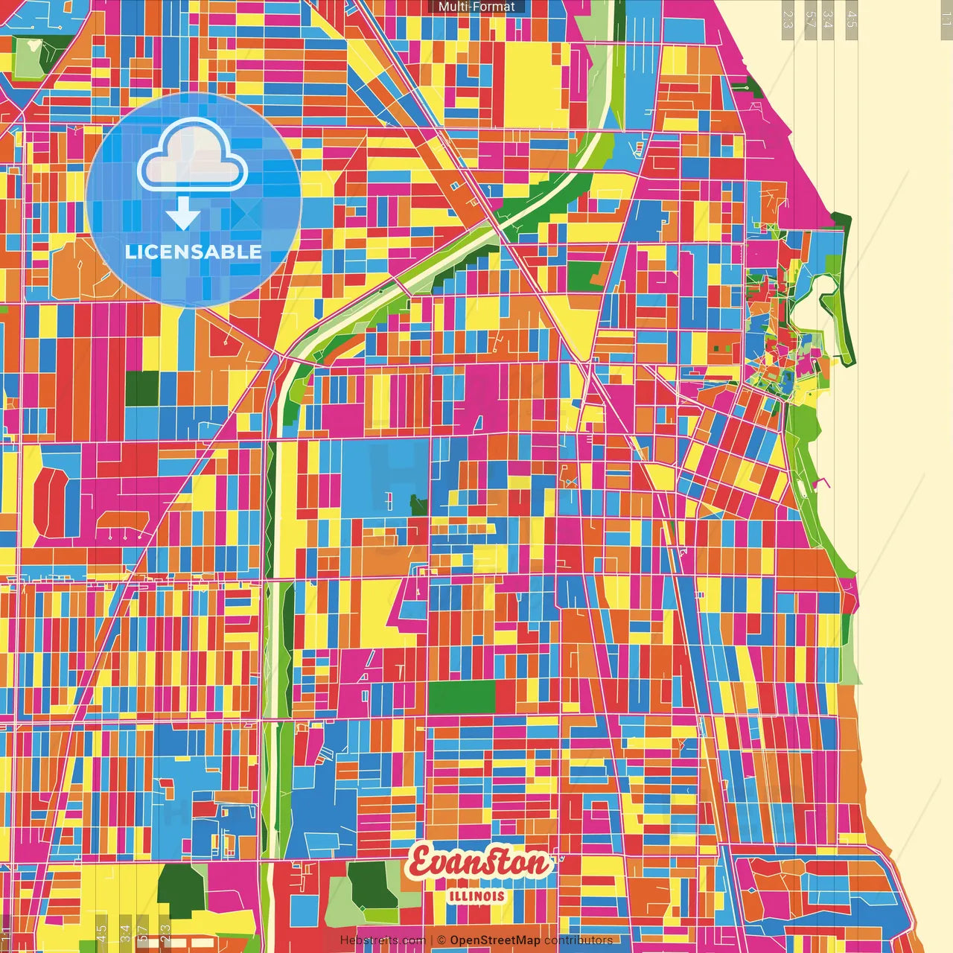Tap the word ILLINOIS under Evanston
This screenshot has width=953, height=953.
(477, 896)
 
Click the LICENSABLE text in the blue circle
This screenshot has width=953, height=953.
(194, 252)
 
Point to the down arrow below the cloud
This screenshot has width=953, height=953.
(183, 215)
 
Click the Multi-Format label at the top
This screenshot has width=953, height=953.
(476, 7)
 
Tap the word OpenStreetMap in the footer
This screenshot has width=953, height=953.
(494, 940)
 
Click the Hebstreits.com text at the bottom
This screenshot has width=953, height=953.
(383, 940)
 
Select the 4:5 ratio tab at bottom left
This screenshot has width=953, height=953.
(101, 931)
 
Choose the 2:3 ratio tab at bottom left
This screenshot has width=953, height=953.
(165, 931)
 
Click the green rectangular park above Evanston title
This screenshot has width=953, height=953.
(462, 697)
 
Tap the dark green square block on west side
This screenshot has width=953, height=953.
(142, 388)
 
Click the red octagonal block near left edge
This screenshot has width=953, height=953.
(50, 502)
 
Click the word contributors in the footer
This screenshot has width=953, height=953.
(578, 940)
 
